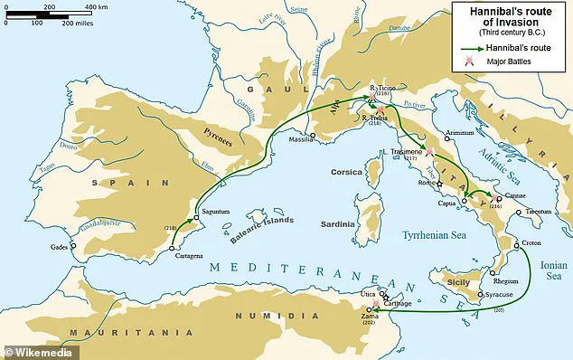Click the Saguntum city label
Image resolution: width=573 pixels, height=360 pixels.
219,212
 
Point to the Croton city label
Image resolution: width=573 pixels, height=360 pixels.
534,245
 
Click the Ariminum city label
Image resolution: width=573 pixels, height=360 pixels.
459,132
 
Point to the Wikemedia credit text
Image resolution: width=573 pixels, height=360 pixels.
39,350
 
